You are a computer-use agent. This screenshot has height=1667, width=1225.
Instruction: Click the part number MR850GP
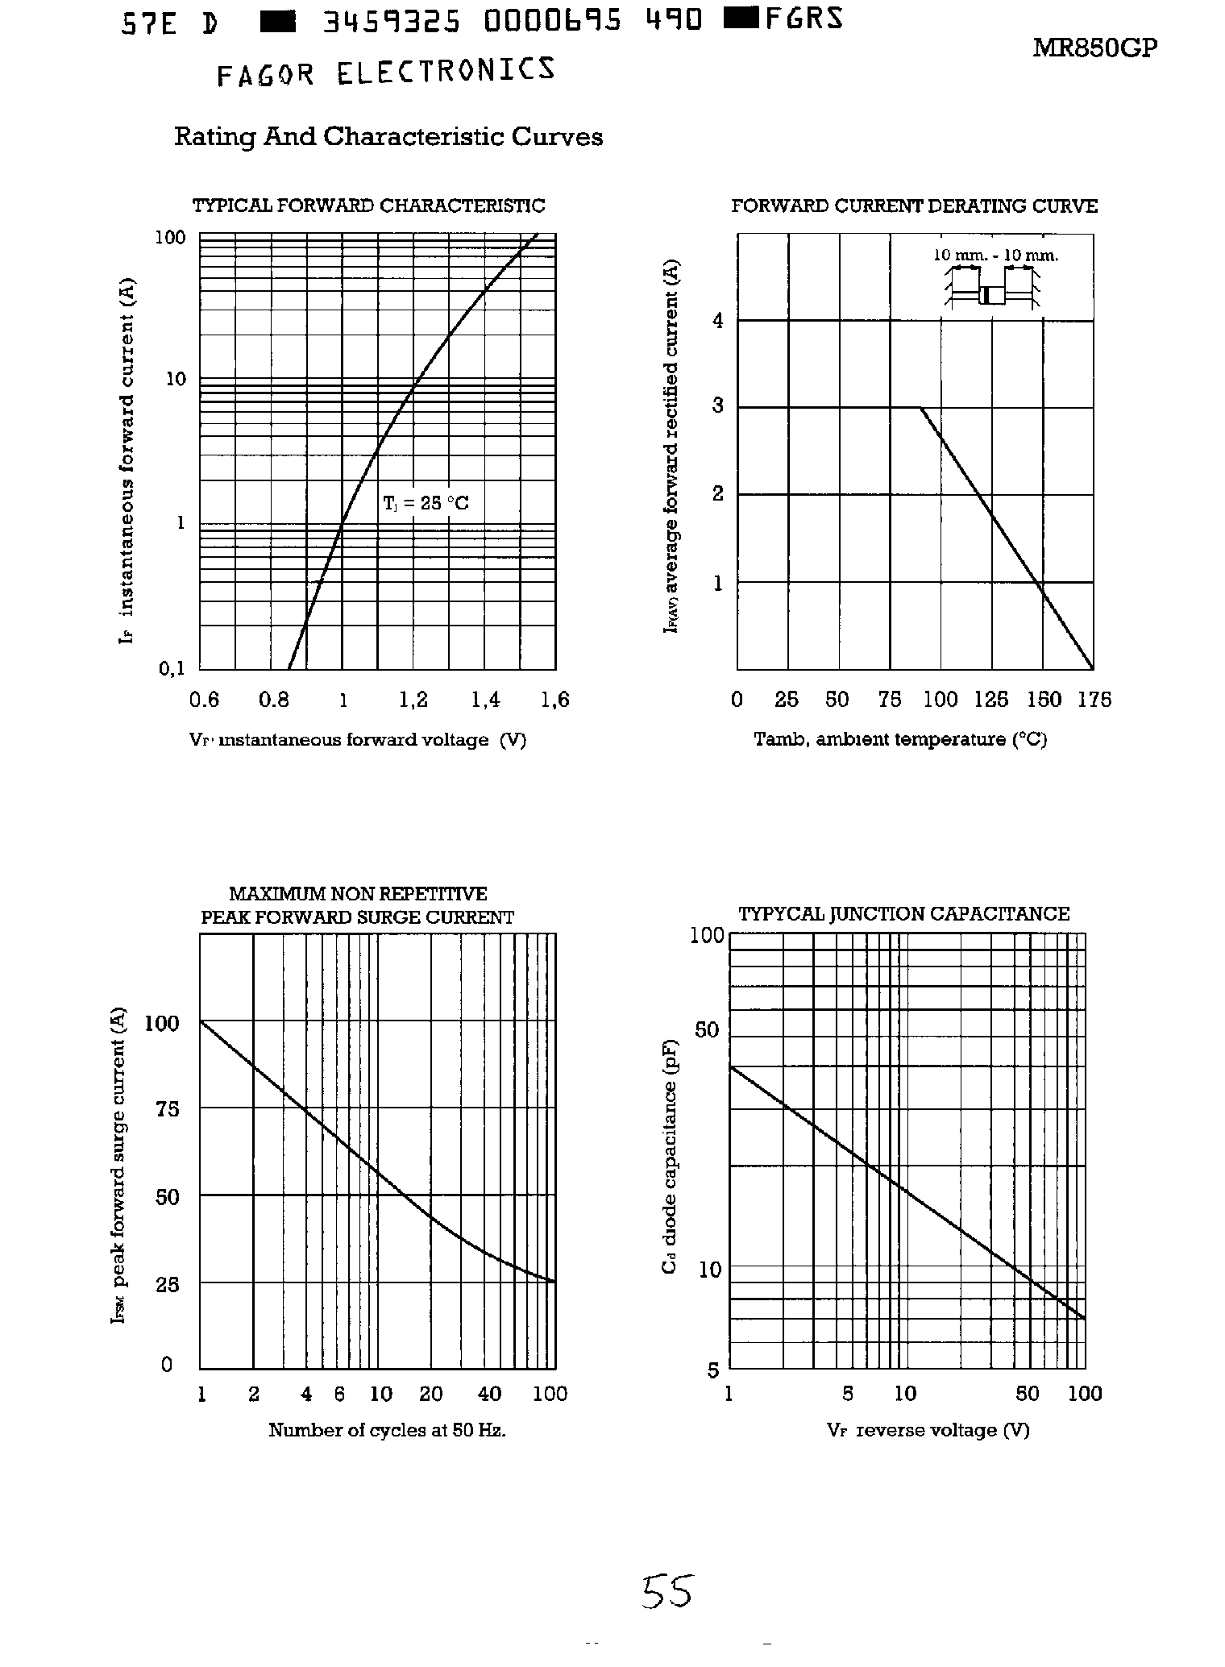1094,48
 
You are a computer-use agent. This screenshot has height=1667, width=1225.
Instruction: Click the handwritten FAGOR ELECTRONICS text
386,72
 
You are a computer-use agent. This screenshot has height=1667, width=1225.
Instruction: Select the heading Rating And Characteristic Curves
388,137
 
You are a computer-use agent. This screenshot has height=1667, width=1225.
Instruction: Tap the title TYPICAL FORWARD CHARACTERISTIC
368,206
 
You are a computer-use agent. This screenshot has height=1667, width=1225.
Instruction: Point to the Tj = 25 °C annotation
426,504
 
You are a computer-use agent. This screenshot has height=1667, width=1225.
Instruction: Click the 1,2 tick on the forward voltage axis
413,700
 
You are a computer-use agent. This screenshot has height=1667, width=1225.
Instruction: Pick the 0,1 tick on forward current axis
172,668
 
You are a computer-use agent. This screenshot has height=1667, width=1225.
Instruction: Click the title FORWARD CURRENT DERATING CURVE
914,206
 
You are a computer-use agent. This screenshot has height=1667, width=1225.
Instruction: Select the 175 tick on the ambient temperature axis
1094,700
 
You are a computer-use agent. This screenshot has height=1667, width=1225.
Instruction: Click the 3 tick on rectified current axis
718,406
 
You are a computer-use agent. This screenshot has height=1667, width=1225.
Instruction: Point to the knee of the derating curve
921,408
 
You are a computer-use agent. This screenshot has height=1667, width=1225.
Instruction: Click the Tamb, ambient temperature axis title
900,739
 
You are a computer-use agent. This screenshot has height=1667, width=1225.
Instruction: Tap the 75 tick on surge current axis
167,1109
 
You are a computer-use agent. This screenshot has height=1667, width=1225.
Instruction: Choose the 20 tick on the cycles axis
431,1395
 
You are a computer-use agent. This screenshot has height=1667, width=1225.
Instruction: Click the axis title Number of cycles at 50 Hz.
387,1431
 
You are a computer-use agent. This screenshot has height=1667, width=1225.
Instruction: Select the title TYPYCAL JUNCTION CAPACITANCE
903,914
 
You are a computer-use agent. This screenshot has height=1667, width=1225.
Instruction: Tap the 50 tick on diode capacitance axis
706,1030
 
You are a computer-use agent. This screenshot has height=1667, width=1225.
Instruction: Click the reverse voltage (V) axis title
928,1431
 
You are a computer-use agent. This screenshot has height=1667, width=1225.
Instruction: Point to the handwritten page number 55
667,1592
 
